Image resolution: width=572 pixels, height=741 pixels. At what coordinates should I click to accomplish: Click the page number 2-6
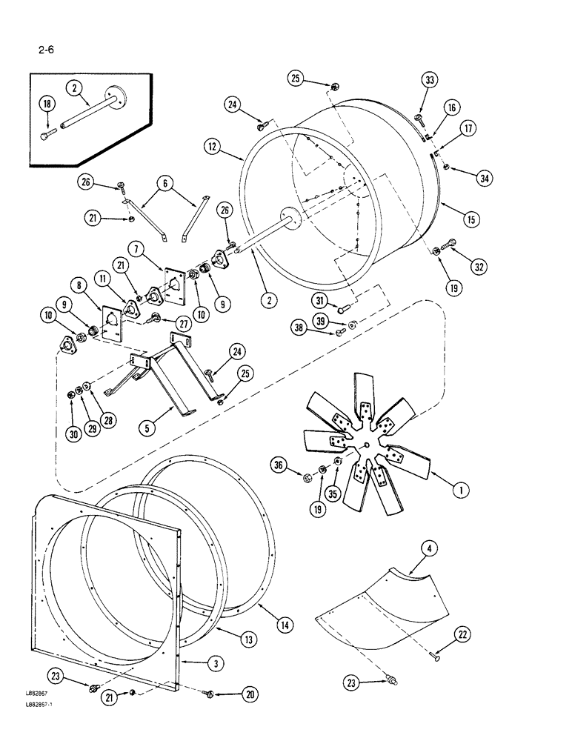[38, 50]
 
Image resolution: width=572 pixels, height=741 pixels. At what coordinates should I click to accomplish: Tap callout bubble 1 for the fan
[461, 489]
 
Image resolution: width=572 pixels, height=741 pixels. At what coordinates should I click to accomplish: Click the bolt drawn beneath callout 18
[48, 136]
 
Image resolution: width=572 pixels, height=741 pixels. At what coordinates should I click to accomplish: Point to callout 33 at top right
[430, 80]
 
